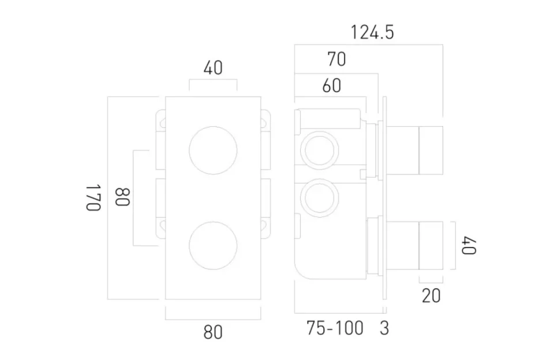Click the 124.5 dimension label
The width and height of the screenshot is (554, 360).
tap(372, 32)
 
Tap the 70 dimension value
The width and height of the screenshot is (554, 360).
tap(336, 59)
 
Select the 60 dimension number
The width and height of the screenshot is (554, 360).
tap(331, 85)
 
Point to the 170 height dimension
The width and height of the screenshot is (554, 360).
tap(94, 198)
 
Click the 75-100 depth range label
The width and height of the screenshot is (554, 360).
tap(335, 328)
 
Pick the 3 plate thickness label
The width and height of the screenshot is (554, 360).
tap(384, 328)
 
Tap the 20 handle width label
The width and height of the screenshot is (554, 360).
tap(431, 296)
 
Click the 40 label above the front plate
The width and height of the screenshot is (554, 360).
tap(213, 68)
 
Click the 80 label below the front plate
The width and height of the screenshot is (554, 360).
tap(213, 332)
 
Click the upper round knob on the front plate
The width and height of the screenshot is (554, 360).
tap(213, 151)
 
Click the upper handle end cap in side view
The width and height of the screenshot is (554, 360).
tap(431, 149)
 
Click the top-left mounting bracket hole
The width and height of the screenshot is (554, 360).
tap(162, 122)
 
